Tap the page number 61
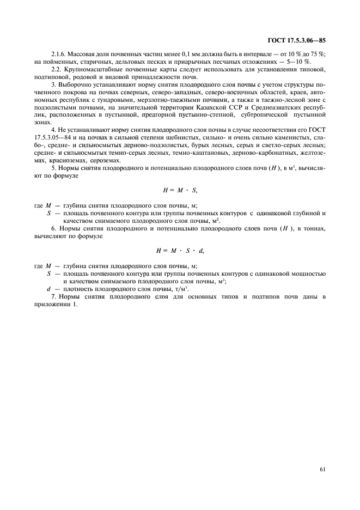321,466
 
